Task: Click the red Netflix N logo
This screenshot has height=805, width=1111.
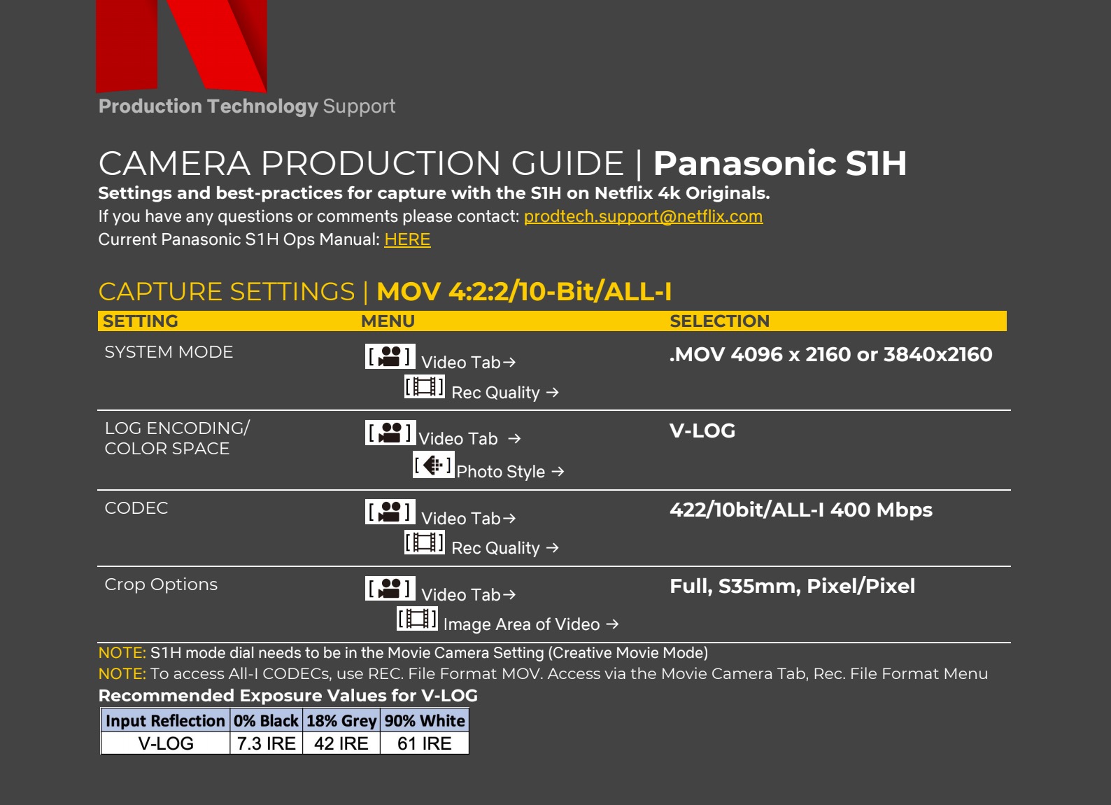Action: point(181,45)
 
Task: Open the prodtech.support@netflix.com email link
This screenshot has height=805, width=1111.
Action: point(643,216)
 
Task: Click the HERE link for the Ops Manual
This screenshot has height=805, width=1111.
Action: point(407,239)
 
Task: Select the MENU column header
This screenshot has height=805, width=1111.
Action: point(388,321)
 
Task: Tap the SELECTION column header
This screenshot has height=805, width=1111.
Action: point(719,321)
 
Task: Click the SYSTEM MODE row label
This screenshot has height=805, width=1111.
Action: point(169,352)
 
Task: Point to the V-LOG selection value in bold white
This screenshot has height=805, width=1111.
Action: point(702,431)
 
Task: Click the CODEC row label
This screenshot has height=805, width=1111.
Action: point(136,508)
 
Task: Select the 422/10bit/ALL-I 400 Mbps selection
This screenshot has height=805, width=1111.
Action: point(800,510)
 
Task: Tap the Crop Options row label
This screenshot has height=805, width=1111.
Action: point(161,584)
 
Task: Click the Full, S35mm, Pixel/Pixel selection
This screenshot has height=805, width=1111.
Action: point(792,587)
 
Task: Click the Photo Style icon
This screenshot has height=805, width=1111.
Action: point(434,465)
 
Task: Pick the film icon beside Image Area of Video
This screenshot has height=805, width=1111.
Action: point(418,618)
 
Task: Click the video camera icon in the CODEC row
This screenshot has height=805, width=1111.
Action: point(390,512)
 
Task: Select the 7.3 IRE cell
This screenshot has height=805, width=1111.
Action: point(266,743)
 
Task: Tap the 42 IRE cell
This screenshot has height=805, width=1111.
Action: point(341,743)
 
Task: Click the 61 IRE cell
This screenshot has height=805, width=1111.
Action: point(424,743)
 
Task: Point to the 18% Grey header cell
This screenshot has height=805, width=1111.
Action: point(341,721)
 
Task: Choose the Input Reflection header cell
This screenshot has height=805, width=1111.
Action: point(165,721)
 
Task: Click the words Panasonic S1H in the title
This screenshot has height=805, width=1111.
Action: point(779,164)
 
